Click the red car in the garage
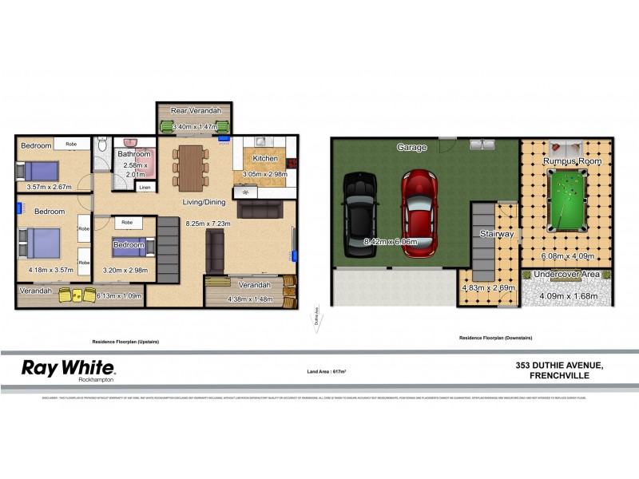coord(420,213)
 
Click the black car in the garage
coord(360,216)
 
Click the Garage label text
coord(412,147)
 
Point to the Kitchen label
coord(264,159)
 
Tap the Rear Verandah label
coord(194,111)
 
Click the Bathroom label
coord(133,154)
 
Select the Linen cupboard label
coord(144,188)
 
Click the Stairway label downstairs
coord(497,234)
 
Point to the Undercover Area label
coord(567,275)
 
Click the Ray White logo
coord(69,370)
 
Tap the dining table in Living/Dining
coord(191,164)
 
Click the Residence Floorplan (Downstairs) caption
coord(495,338)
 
